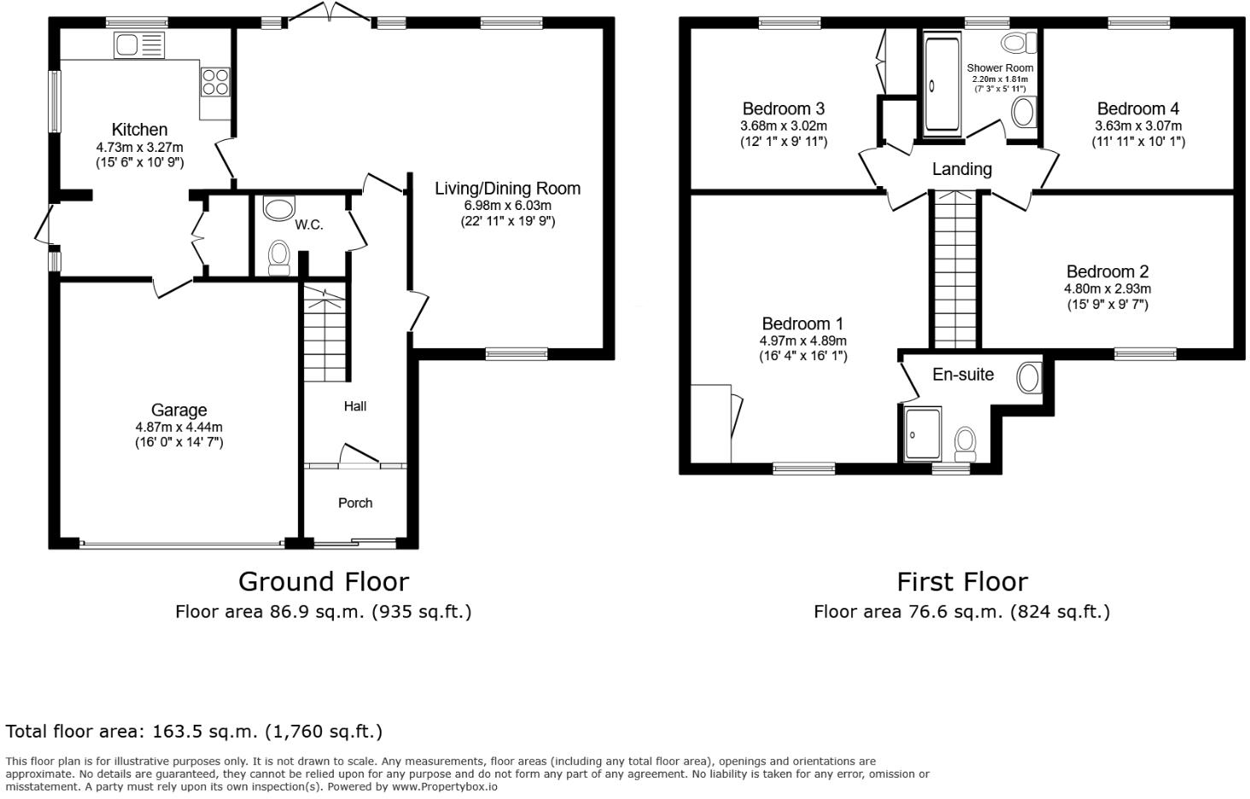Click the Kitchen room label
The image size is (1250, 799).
pyautogui.click(x=139, y=130)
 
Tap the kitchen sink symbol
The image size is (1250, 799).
pyautogui.click(x=138, y=45)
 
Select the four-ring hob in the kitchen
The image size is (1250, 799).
pyautogui.click(x=214, y=80)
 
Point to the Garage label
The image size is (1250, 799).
pyautogui.click(x=179, y=410)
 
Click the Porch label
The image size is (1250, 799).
pyautogui.click(x=355, y=503)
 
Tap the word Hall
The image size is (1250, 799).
pyautogui.click(x=355, y=405)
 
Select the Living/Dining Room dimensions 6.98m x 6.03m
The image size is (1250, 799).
pyautogui.click(x=507, y=206)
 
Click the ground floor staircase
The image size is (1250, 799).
pyautogui.click(x=325, y=333)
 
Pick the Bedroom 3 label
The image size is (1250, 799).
pyautogui.click(x=783, y=108)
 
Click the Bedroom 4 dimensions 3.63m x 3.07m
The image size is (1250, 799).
pyautogui.click(x=1138, y=125)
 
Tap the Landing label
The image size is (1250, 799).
pyautogui.click(x=961, y=169)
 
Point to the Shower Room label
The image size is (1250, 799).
pyautogui.click(x=999, y=67)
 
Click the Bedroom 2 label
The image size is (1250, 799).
pyautogui.click(x=1107, y=271)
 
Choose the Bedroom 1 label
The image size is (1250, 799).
pyautogui.click(x=803, y=324)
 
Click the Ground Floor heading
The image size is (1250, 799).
pyautogui.click(x=323, y=581)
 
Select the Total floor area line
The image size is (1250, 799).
pyautogui.click(x=194, y=732)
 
